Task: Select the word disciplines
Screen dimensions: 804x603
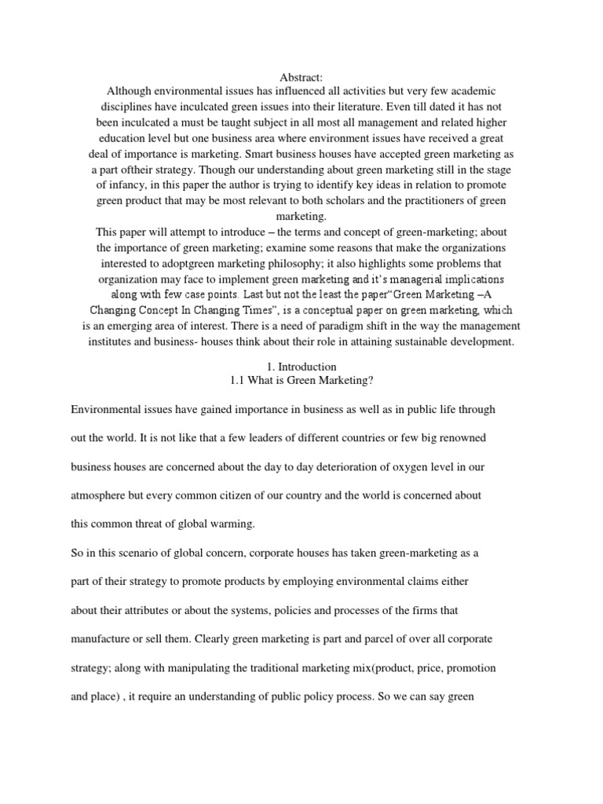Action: pos(130,108)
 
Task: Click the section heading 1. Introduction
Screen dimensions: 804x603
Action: pos(301,367)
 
